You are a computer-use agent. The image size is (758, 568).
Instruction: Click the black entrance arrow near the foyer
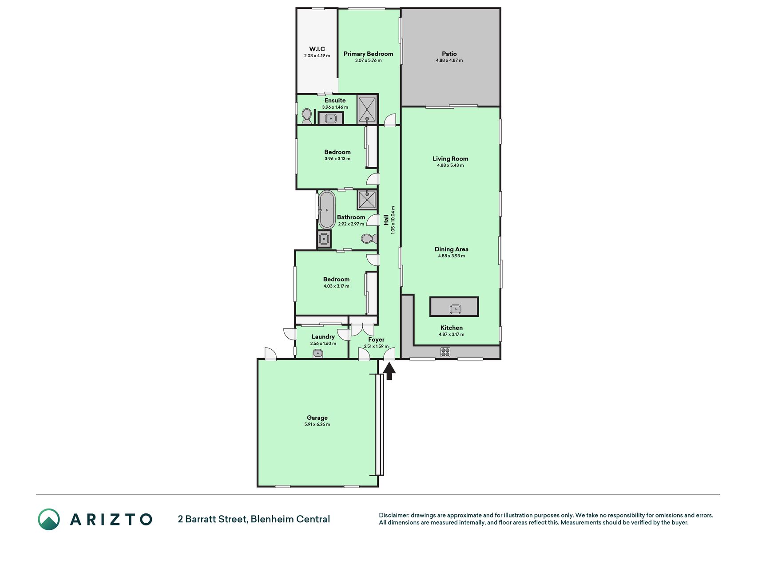pyautogui.click(x=389, y=371)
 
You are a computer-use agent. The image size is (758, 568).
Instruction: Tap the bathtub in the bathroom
pyautogui.click(x=327, y=210)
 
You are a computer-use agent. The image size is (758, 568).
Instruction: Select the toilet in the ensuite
pyautogui.click(x=306, y=117)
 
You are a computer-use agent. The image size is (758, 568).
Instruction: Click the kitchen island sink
pyautogui.click(x=455, y=309)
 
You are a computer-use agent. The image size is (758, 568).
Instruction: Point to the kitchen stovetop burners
pyautogui.click(x=445, y=352)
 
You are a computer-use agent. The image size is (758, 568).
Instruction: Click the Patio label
pyautogui.click(x=449, y=54)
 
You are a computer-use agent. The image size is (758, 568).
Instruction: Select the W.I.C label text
pyautogui.click(x=317, y=49)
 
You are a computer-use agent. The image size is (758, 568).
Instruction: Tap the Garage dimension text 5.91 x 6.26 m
pyautogui.click(x=317, y=424)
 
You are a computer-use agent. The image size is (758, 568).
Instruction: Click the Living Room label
pyautogui.click(x=450, y=158)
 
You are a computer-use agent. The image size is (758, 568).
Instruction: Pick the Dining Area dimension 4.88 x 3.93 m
pyautogui.click(x=451, y=256)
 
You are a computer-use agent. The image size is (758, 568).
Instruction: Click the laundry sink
pyautogui.click(x=318, y=354)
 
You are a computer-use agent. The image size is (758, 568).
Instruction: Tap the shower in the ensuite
pyautogui.click(x=367, y=110)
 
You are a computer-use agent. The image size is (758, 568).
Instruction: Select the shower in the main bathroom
pyautogui.click(x=367, y=200)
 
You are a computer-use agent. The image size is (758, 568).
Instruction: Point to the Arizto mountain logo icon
pyautogui.click(x=49, y=519)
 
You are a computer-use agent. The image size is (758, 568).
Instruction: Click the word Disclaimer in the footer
pyautogui.click(x=393, y=515)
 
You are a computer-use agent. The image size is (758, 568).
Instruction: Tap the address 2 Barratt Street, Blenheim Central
pyautogui.click(x=254, y=519)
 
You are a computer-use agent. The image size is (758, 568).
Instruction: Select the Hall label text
pyautogui.click(x=386, y=220)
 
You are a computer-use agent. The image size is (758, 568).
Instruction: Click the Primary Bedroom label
pyautogui.click(x=368, y=54)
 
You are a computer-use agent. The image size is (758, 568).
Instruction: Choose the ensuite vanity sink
pyautogui.click(x=331, y=118)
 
